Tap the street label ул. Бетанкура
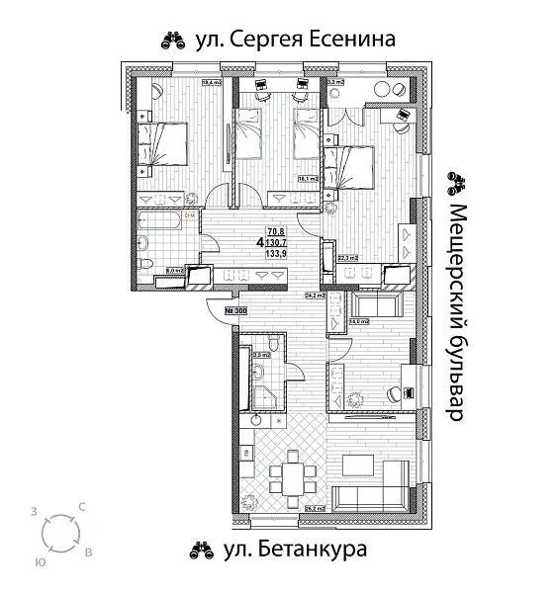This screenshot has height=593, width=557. (x=295, y=549)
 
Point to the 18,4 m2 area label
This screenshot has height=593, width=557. (x=210, y=83)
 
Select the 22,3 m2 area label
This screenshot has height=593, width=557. (x=346, y=258)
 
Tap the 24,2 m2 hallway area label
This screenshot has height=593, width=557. (x=315, y=295)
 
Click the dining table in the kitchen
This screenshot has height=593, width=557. (x=294, y=475)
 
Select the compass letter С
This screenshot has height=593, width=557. (x=81, y=507)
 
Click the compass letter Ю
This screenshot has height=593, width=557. (x=39, y=559)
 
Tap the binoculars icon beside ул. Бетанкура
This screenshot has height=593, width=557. (x=202, y=549)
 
